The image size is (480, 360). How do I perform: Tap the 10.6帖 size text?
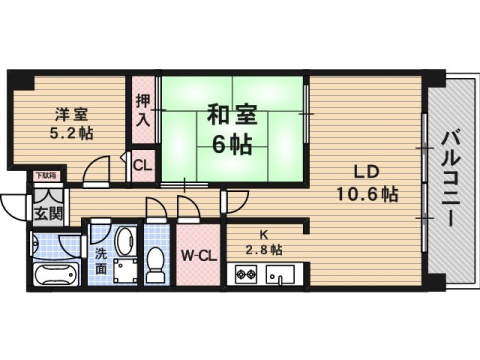[368, 194]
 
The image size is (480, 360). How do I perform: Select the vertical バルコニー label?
[451, 180]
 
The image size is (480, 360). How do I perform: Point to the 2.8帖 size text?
[263, 250]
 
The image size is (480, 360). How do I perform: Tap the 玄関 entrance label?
[46, 213]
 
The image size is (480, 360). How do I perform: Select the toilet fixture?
[156, 261]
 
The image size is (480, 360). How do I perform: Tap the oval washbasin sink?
[123, 241]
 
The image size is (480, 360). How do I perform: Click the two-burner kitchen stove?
[247, 272]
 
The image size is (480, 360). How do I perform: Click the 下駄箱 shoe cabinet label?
[46, 175]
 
